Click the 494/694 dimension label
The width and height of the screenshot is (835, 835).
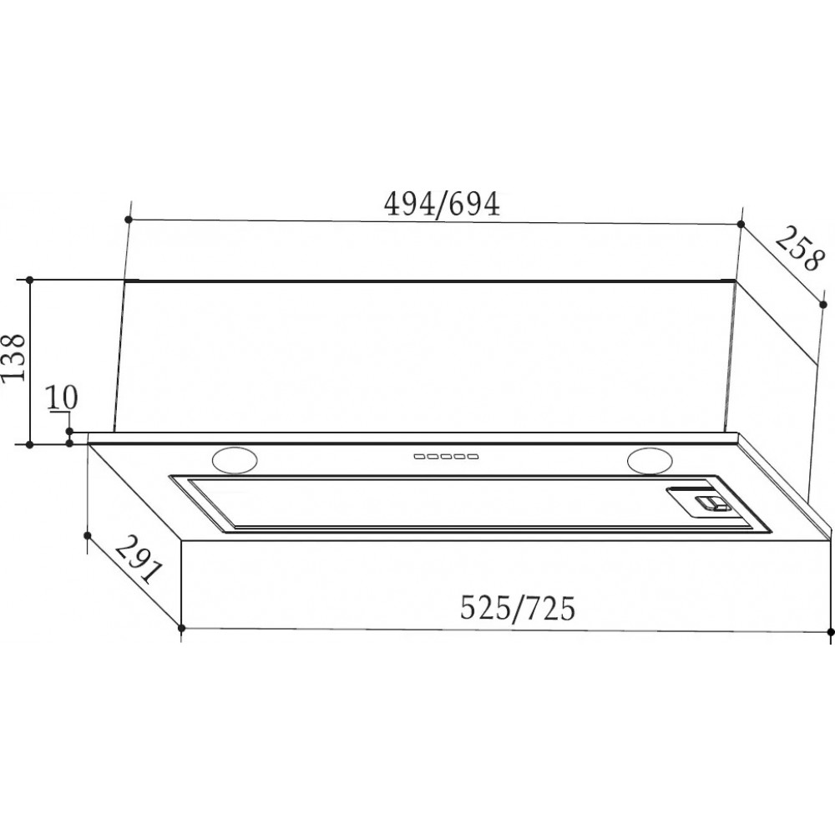click(x=442, y=204)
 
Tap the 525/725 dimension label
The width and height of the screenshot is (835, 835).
click(x=518, y=608)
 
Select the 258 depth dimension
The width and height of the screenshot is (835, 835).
click(x=797, y=249)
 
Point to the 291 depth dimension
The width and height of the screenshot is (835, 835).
click(x=138, y=559)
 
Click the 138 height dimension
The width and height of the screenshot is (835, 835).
click(x=13, y=357)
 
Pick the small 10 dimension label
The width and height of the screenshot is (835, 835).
click(x=62, y=397)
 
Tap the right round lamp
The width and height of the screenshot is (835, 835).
click(x=650, y=461)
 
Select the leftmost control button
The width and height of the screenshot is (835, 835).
click(x=420, y=457)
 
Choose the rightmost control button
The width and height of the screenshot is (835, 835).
click(x=472, y=457)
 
